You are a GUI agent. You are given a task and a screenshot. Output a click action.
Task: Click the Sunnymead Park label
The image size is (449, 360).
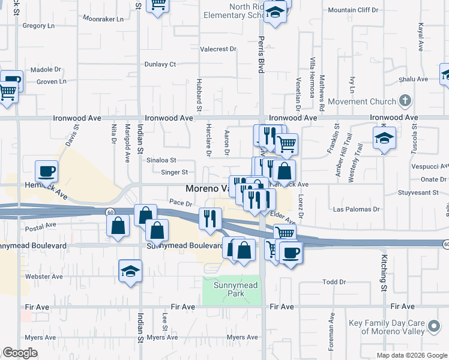point(232,290)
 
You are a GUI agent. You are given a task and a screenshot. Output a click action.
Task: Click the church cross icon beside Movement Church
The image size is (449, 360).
point(406,100)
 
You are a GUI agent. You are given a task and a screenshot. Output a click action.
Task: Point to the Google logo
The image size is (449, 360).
point(20,353)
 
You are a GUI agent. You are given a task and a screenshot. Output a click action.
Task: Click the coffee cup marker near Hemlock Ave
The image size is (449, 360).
point(46,172)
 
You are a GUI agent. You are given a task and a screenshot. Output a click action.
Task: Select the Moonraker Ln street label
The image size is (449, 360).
point(103,19)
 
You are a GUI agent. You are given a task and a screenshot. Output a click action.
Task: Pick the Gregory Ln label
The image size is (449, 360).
point(38,26)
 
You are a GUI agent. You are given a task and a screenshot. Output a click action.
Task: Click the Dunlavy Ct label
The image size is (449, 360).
point(160,64)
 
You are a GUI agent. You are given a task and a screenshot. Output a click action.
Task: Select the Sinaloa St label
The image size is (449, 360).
point(161,160)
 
